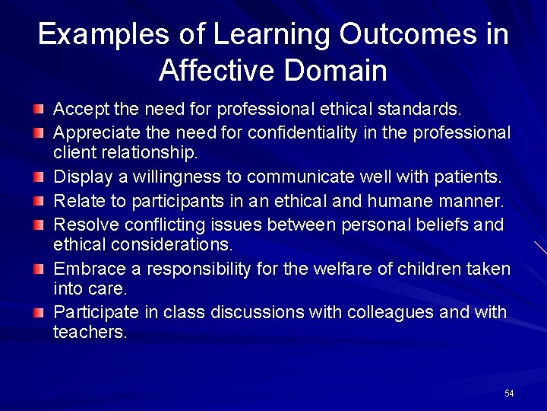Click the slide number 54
[509, 393]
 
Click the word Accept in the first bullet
[81, 111]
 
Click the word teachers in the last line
[90, 332]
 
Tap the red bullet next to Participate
[38, 314]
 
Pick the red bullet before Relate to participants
[38, 202]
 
